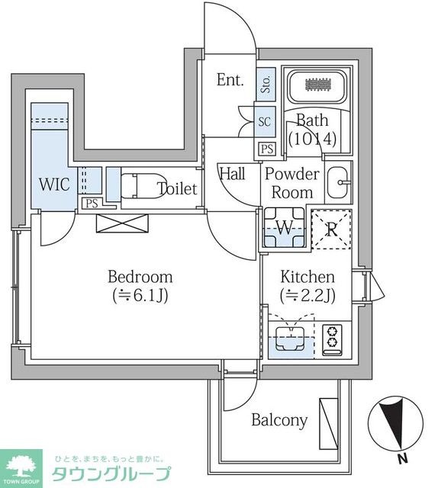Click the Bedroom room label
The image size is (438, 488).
click(140, 277)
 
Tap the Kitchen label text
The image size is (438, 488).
click(308, 277)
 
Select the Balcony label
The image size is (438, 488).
click(279, 420)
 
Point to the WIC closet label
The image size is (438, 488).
click(54, 185)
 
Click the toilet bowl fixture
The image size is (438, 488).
click(140, 186)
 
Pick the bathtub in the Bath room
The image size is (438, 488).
click(317, 86)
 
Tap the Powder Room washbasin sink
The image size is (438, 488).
click(338, 182)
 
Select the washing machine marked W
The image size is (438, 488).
click(284, 227)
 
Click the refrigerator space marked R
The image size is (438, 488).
click(331, 230)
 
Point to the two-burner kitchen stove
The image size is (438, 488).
click(332, 339)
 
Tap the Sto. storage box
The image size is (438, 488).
click(266, 82)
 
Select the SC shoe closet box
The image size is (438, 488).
click(265, 121)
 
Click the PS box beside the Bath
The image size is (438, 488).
click(267, 149)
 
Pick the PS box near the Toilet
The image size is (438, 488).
click(92, 204)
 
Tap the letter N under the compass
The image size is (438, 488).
click(404, 459)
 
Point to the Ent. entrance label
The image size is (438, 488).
click(230, 79)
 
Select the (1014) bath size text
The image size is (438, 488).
click(312, 139)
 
